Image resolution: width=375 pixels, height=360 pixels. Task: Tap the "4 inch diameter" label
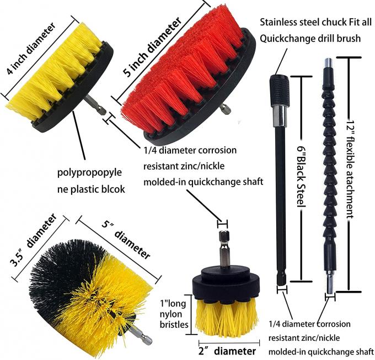(x=31, y=54)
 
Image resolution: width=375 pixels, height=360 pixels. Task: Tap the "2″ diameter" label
(x=227, y=351)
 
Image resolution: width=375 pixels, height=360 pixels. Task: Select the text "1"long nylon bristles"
(x=174, y=314)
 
